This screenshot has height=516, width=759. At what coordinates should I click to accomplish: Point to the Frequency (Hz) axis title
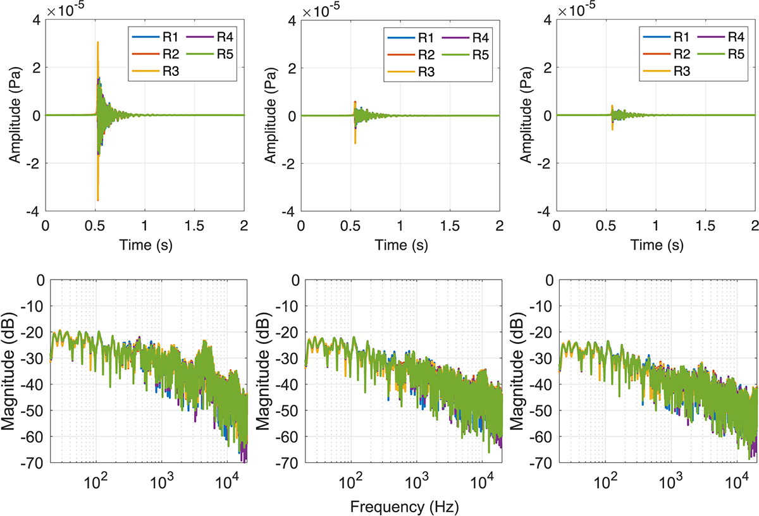[x=402, y=507]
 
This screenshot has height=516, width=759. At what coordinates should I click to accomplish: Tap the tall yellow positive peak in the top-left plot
[x=97, y=43]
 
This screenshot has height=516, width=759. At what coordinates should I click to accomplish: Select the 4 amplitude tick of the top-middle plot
[x=292, y=20]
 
